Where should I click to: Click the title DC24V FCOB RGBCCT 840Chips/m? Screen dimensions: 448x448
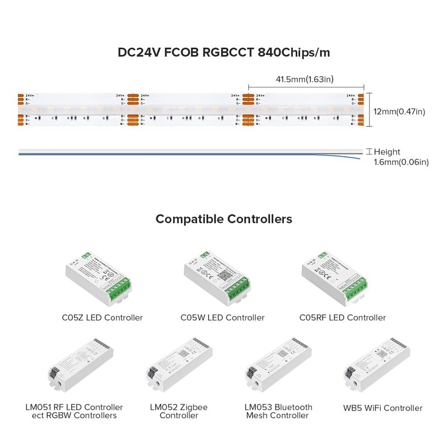[x=223, y=53]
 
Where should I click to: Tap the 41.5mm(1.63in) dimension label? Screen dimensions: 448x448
[x=305, y=80]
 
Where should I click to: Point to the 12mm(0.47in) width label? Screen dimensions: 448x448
[x=399, y=111]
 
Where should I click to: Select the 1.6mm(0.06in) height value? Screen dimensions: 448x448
[x=401, y=162]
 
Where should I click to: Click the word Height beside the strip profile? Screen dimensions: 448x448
[x=387, y=152]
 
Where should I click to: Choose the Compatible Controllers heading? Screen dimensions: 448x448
[x=223, y=219]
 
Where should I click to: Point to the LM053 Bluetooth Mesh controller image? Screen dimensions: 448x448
[x=278, y=367]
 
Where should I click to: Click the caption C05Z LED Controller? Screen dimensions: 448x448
[x=102, y=318]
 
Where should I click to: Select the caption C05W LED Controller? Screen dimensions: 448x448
[x=222, y=318]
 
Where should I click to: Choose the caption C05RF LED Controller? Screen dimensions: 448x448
[x=342, y=318]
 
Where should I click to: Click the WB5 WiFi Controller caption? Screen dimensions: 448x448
[x=382, y=408]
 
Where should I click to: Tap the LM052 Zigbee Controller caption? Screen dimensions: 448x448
[x=179, y=411]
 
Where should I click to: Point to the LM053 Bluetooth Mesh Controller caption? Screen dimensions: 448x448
[x=278, y=411]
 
